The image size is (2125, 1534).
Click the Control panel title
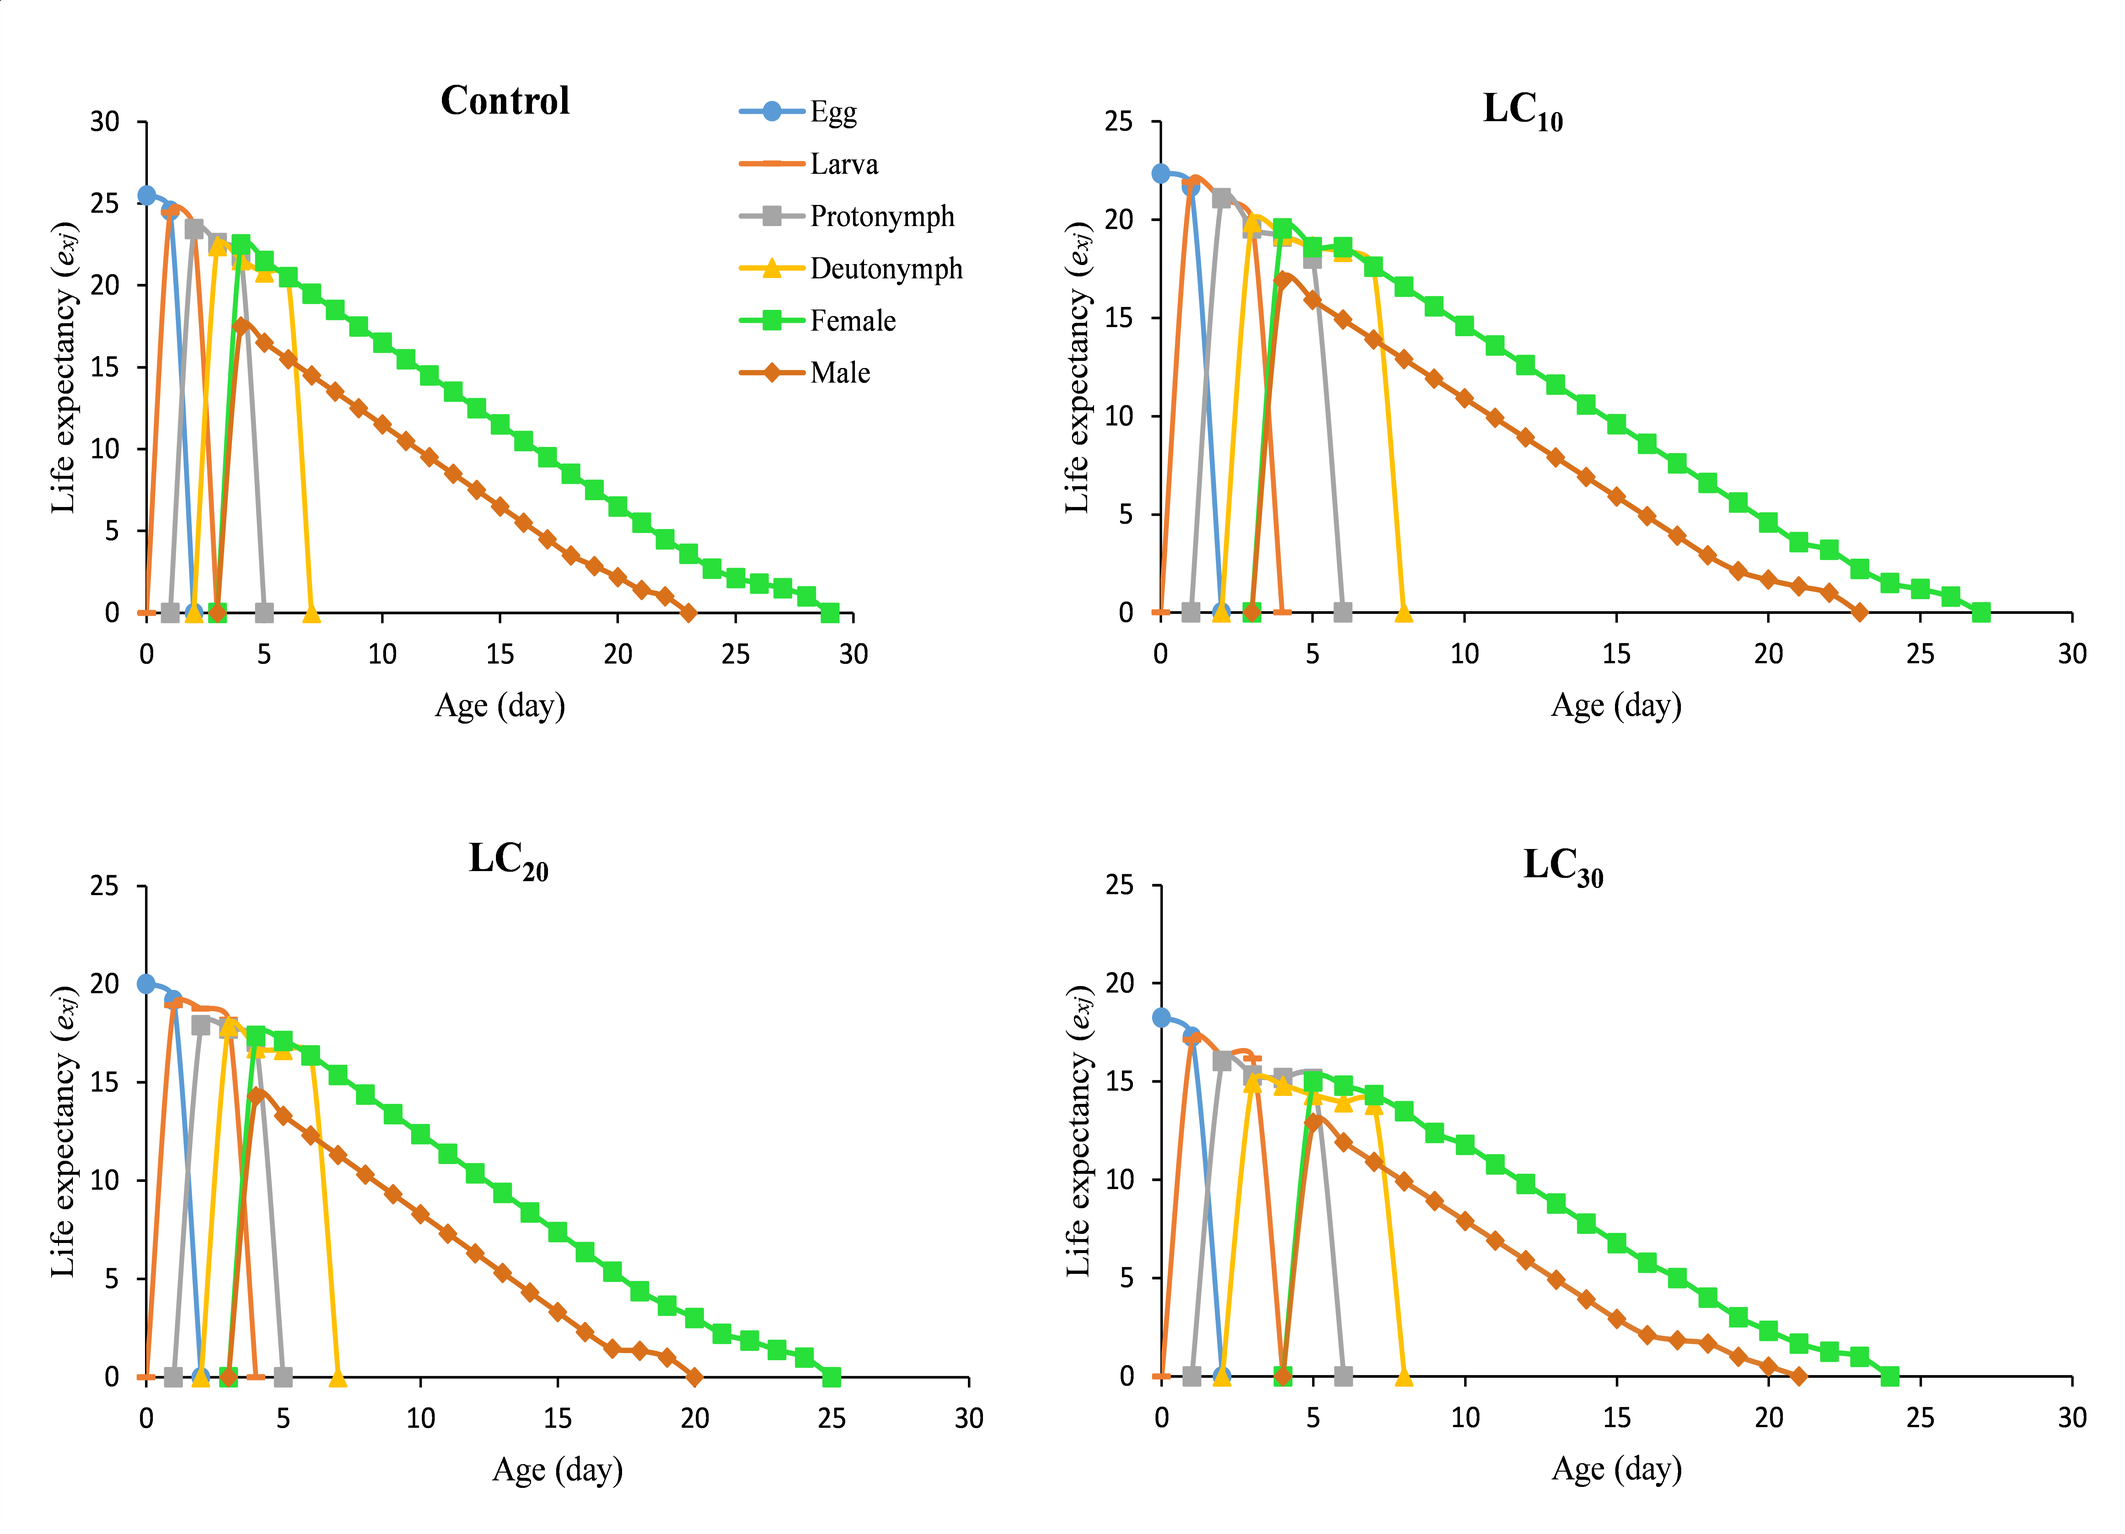click(x=505, y=101)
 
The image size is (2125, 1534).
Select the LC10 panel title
click(x=1522, y=110)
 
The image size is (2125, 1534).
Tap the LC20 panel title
click(x=508, y=860)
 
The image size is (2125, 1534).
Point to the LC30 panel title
click(x=1562, y=866)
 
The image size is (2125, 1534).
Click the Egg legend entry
click(x=832, y=112)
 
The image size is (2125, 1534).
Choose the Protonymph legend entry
click(x=881, y=216)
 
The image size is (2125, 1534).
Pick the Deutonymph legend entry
click(x=885, y=268)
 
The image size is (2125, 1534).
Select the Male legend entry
click(x=839, y=373)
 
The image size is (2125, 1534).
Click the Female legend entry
click(x=852, y=321)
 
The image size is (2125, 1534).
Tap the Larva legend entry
click(x=843, y=164)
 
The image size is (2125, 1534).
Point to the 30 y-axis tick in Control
click(x=105, y=122)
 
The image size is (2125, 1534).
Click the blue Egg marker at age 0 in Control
click(x=147, y=195)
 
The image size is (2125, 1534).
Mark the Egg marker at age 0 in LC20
click(x=146, y=984)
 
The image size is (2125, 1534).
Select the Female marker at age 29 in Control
click(x=830, y=612)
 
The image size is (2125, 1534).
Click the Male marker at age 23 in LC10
click(x=1859, y=612)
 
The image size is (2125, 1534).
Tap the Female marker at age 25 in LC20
click(x=832, y=1377)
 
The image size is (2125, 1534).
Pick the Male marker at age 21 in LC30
click(x=1799, y=1377)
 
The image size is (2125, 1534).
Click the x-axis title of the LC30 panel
click(x=1616, y=1469)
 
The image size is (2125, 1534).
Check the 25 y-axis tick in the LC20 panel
click(x=105, y=886)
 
